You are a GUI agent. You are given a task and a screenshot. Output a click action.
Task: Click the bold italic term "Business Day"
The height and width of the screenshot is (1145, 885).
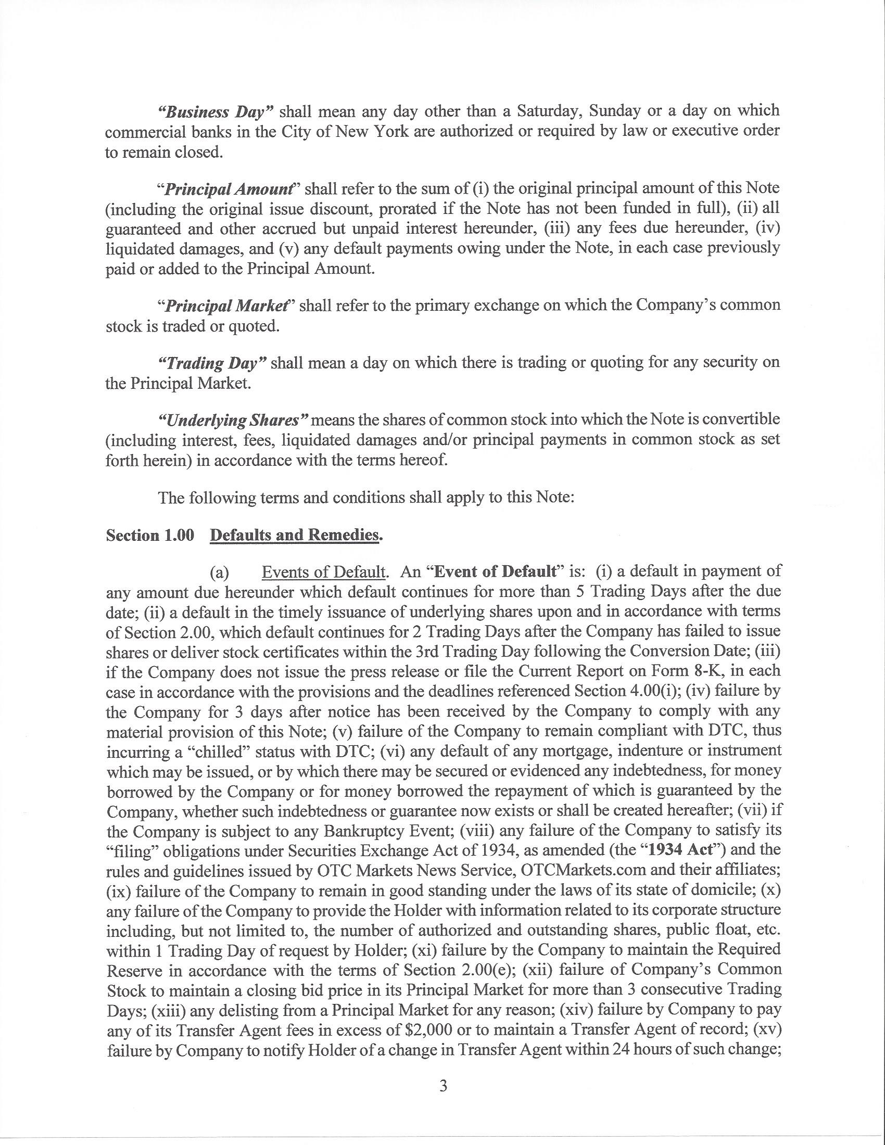click(213, 112)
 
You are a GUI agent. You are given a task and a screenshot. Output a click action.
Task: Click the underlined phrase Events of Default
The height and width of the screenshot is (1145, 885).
click(324, 571)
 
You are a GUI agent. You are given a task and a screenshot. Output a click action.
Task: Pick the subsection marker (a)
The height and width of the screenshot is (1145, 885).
click(219, 572)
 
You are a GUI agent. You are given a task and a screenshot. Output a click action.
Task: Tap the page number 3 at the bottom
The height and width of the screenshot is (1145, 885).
click(443, 1086)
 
